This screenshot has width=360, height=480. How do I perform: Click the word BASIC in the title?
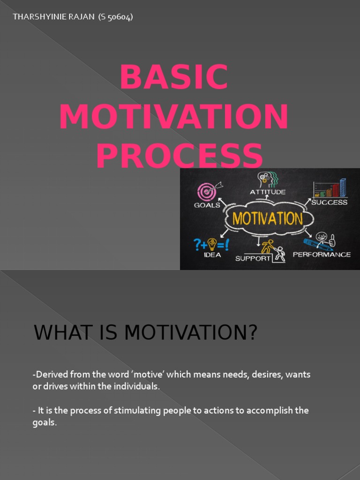click(x=174, y=77)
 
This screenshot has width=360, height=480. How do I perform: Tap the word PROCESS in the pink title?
click(x=180, y=156)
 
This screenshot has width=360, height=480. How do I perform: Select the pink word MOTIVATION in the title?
click(x=174, y=117)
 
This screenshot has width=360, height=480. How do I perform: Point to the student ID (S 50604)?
click(x=116, y=17)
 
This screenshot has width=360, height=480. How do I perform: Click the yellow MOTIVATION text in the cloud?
click(x=265, y=218)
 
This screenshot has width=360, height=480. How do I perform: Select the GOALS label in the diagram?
click(x=207, y=205)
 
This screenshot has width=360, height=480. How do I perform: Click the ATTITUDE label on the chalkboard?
click(x=267, y=192)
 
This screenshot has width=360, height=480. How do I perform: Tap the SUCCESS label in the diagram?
click(x=330, y=202)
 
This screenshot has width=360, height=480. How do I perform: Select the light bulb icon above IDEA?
click(x=212, y=244)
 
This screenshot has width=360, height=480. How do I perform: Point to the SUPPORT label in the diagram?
click(x=253, y=258)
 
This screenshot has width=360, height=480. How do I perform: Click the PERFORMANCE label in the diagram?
click(x=322, y=255)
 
